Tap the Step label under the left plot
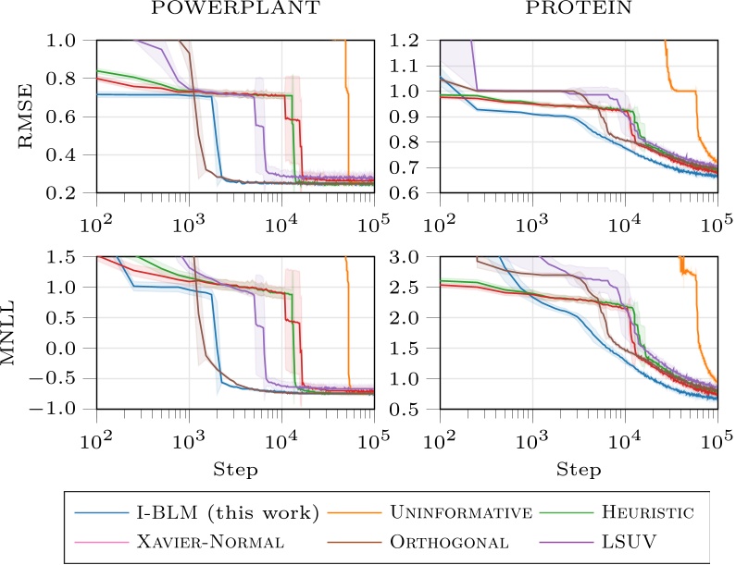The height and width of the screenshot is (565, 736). point(234,470)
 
